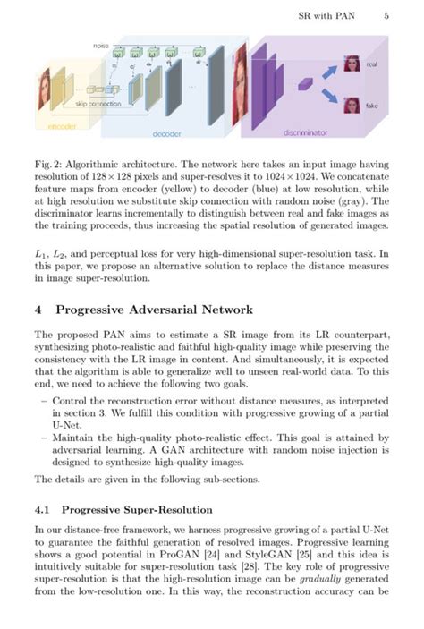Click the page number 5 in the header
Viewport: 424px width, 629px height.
click(386, 15)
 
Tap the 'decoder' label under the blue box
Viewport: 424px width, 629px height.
click(166, 133)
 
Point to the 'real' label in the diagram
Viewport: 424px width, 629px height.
click(371, 65)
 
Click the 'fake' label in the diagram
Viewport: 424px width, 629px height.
click(371, 105)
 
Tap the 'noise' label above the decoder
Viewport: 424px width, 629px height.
click(101, 45)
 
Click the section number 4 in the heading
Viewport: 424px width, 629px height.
click(38, 310)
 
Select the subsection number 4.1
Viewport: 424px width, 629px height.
click(43, 510)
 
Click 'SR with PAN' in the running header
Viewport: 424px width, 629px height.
click(327, 15)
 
